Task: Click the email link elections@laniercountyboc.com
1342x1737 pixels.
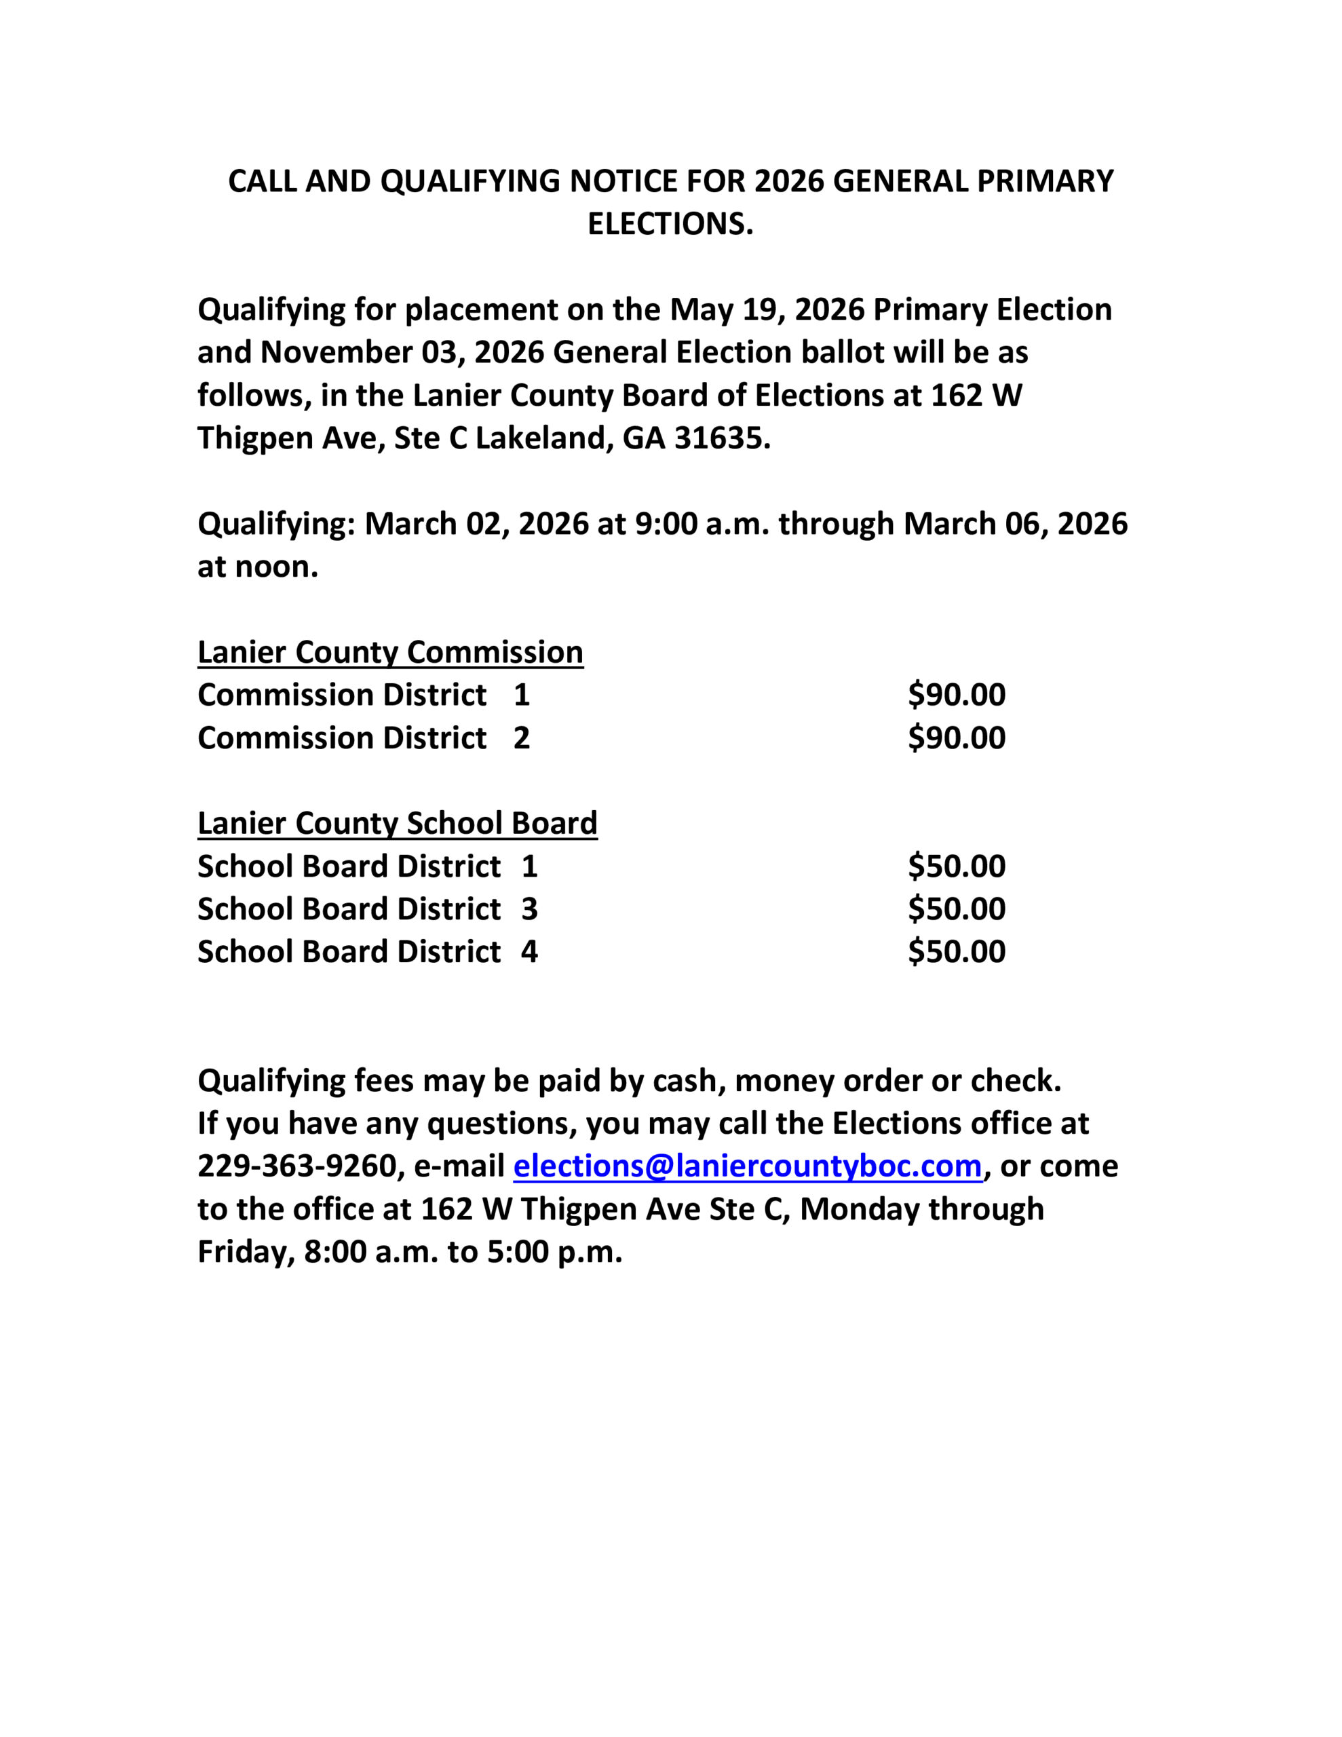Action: pos(747,1166)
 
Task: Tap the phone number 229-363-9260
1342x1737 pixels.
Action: pos(296,1166)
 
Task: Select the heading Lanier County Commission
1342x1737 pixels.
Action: pos(390,652)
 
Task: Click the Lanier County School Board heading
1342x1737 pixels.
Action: pos(397,823)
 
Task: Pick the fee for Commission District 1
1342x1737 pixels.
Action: pos(956,695)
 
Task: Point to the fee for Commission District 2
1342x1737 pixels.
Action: pos(956,738)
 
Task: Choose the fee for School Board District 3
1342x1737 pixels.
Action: pos(956,909)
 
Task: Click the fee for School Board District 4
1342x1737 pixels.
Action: pos(956,952)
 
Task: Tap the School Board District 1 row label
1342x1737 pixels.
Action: pos(368,866)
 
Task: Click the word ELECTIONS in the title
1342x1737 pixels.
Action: pos(669,225)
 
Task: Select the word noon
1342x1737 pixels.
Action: pos(276,567)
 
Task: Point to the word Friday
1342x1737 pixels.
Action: pos(246,1252)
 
